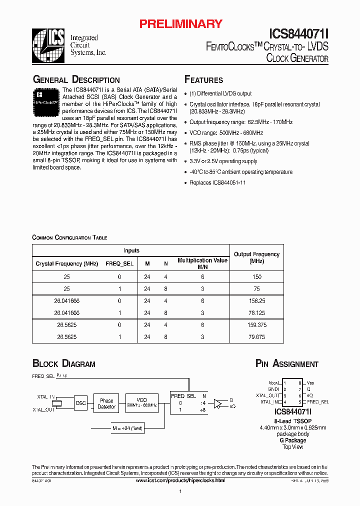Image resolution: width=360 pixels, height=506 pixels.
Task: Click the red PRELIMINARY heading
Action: click(x=180, y=23)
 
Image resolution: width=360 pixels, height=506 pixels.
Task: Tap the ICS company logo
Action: click(x=48, y=45)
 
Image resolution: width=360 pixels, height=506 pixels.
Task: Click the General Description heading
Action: click(x=76, y=80)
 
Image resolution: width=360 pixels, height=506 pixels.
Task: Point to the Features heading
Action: click(x=203, y=80)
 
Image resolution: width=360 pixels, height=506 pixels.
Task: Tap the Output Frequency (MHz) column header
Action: click(x=256, y=257)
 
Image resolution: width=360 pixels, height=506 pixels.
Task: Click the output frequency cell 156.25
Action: click(x=256, y=301)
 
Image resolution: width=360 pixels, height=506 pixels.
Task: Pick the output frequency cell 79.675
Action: click(x=256, y=337)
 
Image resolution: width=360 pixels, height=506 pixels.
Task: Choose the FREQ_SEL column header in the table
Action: click(x=119, y=263)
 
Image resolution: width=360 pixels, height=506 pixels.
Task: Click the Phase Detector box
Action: click(x=106, y=403)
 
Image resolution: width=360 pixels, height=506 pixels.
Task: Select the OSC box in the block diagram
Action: click(x=80, y=403)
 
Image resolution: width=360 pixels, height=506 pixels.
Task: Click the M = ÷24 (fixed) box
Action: click(x=127, y=428)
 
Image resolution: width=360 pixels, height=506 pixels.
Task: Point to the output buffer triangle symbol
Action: click(x=217, y=403)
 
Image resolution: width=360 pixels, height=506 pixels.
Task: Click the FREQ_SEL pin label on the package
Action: click(x=317, y=401)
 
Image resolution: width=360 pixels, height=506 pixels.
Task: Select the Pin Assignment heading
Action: click(x=286, y=364)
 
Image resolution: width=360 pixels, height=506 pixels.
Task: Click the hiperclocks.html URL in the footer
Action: click(x=180, y=480)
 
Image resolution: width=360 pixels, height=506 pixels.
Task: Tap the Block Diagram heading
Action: click(x=63, y=364)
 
